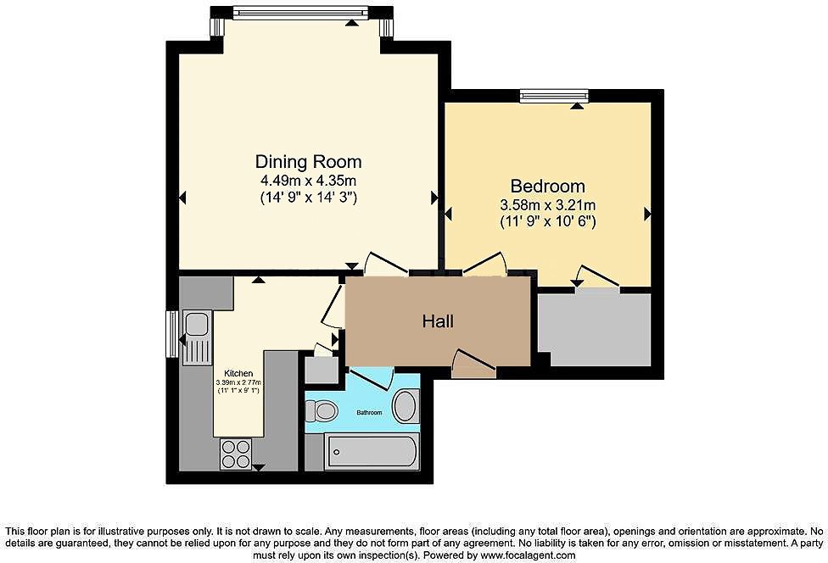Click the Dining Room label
[309, 161]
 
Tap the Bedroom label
[547, 187]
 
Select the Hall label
[438, 321]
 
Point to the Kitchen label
[238, 373]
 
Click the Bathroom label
[369, 412]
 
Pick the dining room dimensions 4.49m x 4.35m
[309, 181]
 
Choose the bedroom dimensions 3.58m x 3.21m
[547, 204]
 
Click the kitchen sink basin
[197, 323]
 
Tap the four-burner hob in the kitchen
[236, 454]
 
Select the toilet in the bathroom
[322, 410]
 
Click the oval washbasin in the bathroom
[406, 406]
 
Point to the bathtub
[372, 452]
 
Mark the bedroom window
[554, 96]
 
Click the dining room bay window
[300, 13]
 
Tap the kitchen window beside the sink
[172, 334]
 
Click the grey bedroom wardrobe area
[595, 329]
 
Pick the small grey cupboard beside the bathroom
[322, 370]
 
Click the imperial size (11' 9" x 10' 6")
[547, 222]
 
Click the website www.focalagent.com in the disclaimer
[528, 555]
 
